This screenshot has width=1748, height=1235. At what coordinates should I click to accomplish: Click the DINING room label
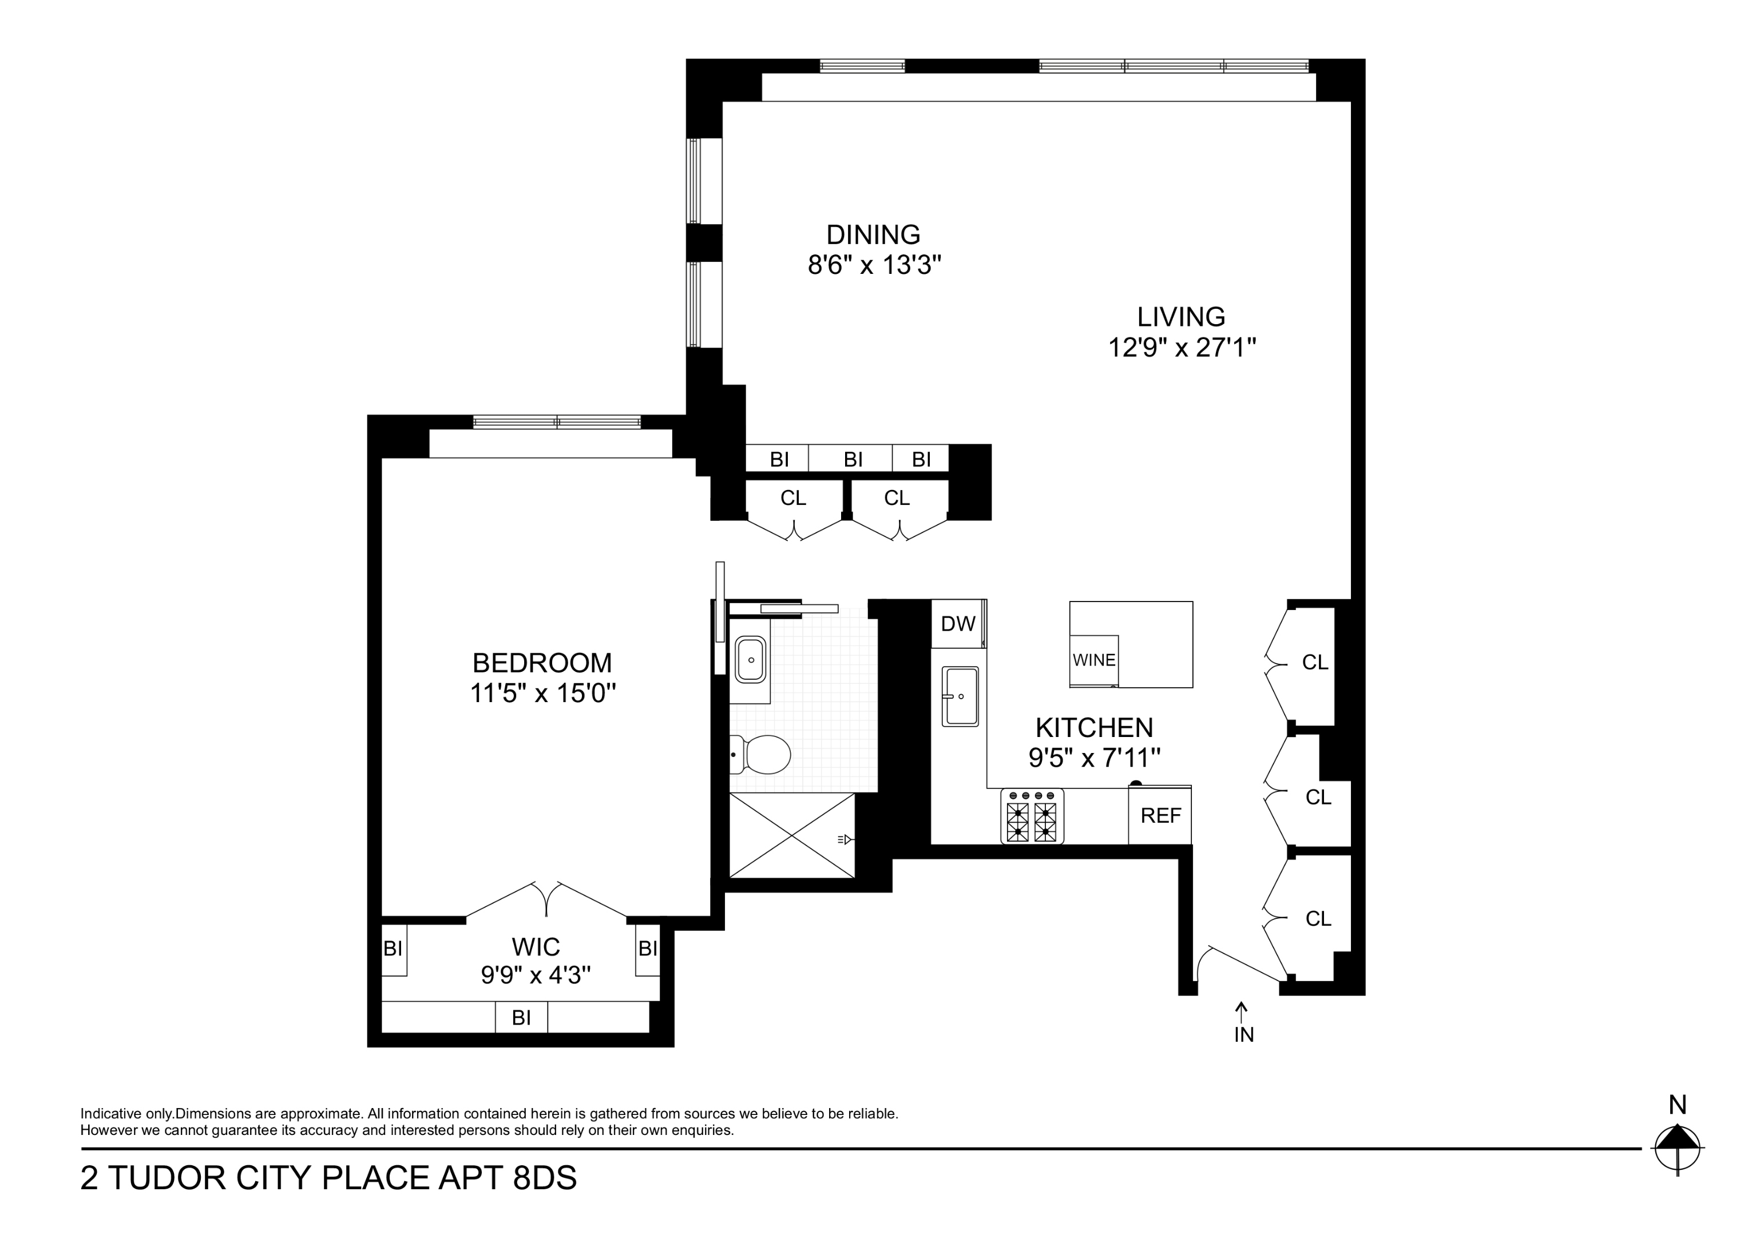873,234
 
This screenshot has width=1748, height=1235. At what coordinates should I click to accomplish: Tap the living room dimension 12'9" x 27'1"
1181,348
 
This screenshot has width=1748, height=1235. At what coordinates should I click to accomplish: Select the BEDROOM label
542,663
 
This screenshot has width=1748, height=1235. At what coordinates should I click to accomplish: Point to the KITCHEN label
1094,727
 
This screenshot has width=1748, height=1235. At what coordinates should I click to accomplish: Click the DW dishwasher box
958,624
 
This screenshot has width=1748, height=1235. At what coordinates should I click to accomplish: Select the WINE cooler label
1094,660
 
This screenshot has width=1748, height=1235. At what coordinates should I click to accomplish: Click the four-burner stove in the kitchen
1032,816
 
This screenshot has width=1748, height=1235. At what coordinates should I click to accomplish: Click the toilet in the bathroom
762,754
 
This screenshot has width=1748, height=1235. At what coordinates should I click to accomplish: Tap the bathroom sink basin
751,660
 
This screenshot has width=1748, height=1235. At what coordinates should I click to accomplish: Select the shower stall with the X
792,835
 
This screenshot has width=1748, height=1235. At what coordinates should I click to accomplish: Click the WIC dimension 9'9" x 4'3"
536,975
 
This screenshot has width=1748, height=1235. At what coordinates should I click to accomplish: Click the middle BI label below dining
853,459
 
